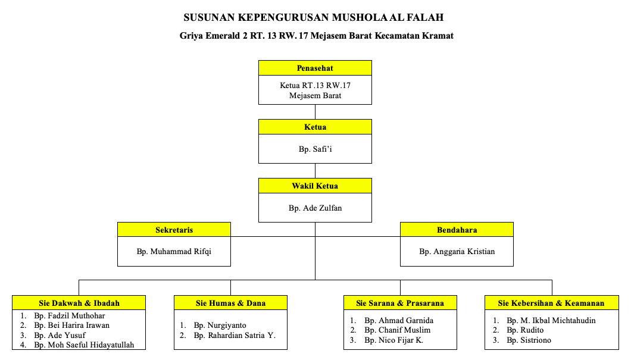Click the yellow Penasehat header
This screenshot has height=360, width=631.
coord(315,68)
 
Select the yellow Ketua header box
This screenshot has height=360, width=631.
coord(315,127)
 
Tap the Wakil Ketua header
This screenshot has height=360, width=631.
coord(315,186)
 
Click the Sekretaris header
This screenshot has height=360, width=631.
coord(174,230)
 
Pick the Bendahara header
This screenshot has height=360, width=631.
coord(457,230)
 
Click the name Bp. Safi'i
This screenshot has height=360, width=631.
coord(315,149)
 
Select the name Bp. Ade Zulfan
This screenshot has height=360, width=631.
coord(315,208)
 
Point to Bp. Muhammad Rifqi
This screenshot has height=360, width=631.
coord(174,252)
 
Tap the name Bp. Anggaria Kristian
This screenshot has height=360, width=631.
coord(457,252)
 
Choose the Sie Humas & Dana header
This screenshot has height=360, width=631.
coord(230,303)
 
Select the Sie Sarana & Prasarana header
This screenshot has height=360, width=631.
coord(400,303)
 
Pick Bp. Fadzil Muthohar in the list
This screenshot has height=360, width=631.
coord(70,315)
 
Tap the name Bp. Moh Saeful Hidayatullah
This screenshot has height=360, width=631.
coord(84,345)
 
